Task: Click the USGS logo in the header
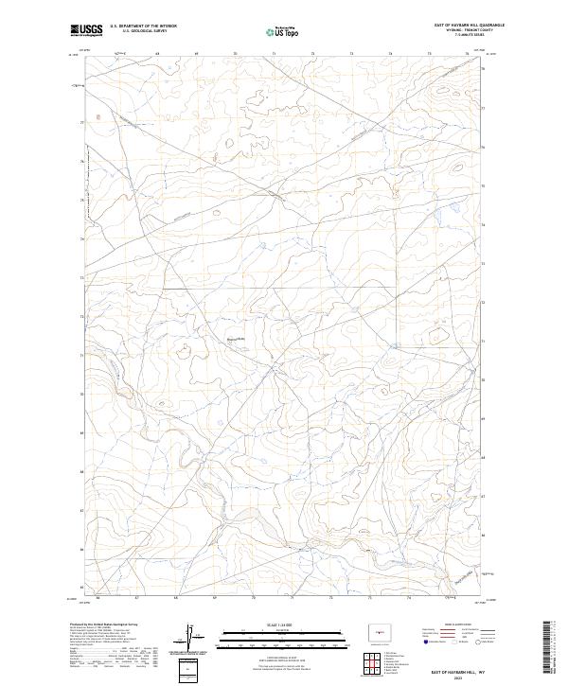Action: click(x=87, y=29)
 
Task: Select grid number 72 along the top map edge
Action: click(x=312, y=54)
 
